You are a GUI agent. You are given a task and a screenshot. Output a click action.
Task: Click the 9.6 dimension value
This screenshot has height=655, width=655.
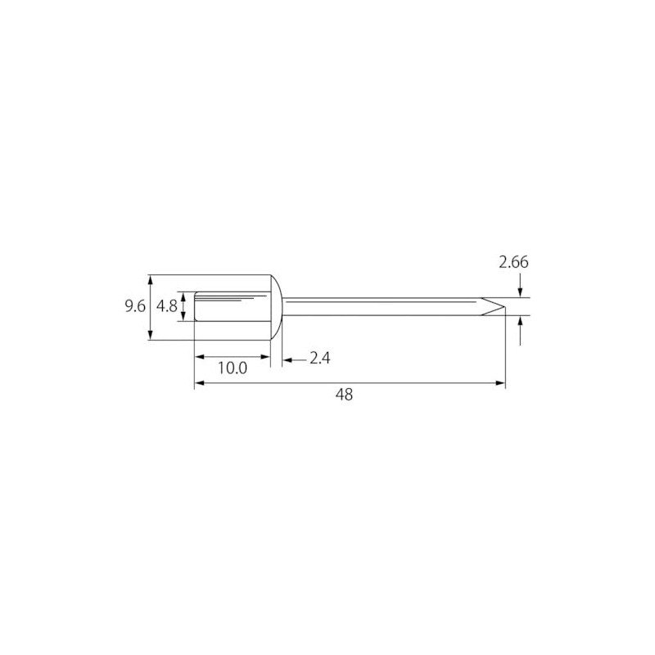pos(135,306)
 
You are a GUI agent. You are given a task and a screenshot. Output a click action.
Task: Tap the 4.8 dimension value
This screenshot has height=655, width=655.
pos(167,306)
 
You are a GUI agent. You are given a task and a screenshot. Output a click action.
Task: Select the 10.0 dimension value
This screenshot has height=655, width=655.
pos(233,368)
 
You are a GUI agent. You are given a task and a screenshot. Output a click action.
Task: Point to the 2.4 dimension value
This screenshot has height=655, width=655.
pos(319,359)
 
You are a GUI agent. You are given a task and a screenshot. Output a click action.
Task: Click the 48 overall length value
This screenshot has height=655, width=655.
pos(344,395)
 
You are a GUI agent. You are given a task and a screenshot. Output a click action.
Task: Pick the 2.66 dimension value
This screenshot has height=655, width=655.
pos(513,262)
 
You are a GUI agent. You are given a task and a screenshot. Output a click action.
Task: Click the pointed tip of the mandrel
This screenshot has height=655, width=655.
pos(504,307)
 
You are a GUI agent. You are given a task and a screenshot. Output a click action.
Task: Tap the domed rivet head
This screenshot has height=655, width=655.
pos(277,308)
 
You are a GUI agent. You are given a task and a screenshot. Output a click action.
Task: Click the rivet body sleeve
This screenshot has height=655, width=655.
pos(233,306)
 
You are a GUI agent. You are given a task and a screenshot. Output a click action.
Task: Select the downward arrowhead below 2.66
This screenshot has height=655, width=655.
pos(520,292)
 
